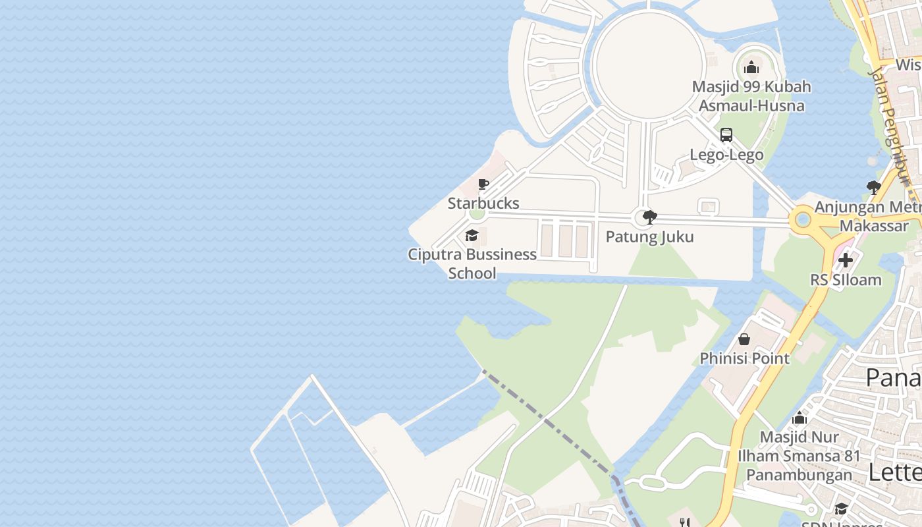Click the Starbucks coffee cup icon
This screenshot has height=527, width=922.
pos(483,184)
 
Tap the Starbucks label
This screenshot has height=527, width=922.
pos(483,203)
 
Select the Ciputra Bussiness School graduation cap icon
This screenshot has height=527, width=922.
pos(472,235)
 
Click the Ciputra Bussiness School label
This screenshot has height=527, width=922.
pos(472,263)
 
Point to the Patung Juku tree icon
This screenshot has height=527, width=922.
pos(650,217)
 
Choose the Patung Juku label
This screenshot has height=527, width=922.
pos(649,237)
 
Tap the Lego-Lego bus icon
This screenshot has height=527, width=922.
pos(726,135)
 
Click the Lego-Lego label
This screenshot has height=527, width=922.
pos(726,155)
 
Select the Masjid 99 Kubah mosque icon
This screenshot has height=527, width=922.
pos(751,67)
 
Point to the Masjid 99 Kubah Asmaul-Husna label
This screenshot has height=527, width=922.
pos(751,96)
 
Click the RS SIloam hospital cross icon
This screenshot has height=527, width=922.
pos(846,260)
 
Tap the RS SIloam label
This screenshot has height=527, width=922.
pos(846,280)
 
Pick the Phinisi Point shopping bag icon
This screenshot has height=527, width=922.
pos(744,339)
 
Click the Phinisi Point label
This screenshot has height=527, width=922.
pos(744,358)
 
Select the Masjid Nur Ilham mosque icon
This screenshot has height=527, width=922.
pos(800,418)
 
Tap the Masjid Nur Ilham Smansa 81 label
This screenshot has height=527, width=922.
pos(799,456)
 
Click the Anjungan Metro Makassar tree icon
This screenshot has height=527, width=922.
pos(874,188)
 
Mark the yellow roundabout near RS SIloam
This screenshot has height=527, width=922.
pos(803,219)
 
